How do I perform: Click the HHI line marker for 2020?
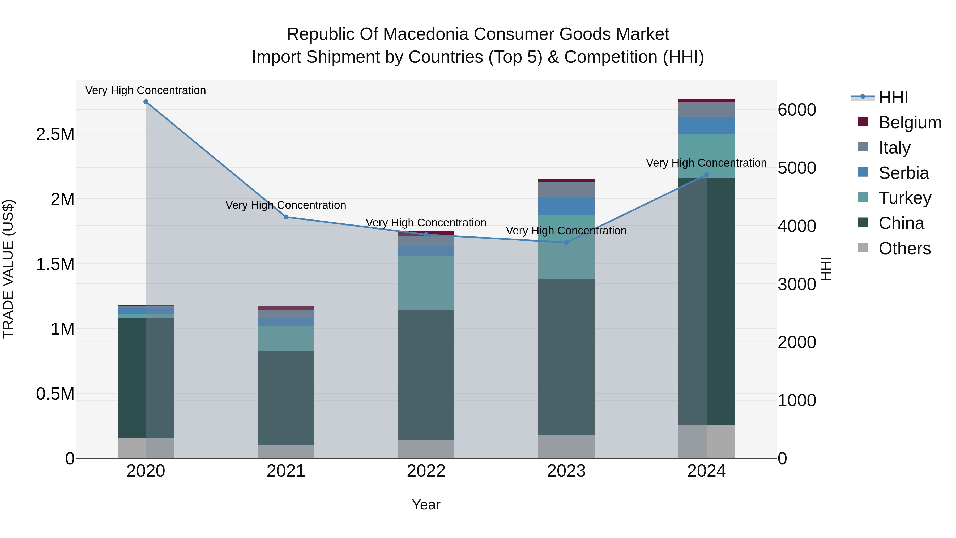pyautogui.click(x=146, y=102)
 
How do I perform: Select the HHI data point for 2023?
pyautogui.click(x=566, y=243)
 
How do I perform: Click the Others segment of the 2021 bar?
pyautogui.click(x=286, y=451)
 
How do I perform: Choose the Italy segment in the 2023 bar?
pyautogui.click(x=566, y=189)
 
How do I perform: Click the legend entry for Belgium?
pyautogui.click(x=910, y=122)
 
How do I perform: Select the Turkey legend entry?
pyautogui.click(x=905, y=198)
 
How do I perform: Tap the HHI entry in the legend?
pyautogui.click(x=893, y=97)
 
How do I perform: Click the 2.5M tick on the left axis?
pyautogui.click(x=55, y=134)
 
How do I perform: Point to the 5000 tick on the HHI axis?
pyautogui.click(x=797, y=168)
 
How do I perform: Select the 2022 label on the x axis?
pyautogui.click(x=426, y=471)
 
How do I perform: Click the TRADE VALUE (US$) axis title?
pyautogui.click(x=8, y=269)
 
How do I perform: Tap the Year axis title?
pyautogui.click(x=426, y=505)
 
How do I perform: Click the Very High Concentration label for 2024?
pyautogui.click(x=706, y=163)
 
